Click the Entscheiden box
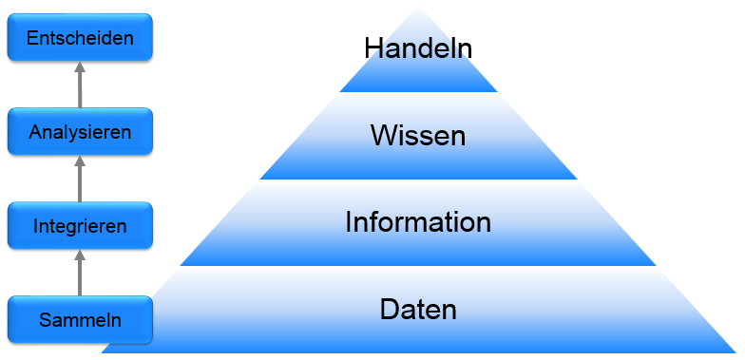click(80, 38)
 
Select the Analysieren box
click(80, 131)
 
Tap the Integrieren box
click(80, 225)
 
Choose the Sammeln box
click(80, 319)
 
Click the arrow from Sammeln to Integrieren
click(80, 272)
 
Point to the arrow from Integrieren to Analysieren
click(80, 179)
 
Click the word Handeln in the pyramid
click(418, 47)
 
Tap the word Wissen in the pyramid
click(418, 136)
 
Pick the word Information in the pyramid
click(418, 223)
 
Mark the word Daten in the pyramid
click(418, 310)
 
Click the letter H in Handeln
click(373, 47)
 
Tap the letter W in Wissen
click(383, 136)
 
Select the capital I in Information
click(349, 223)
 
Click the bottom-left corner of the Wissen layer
click(259, 179)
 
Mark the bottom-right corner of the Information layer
click(657, 265)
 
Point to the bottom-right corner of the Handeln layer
click(498, 91)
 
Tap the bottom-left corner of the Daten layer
click(102, 352)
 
